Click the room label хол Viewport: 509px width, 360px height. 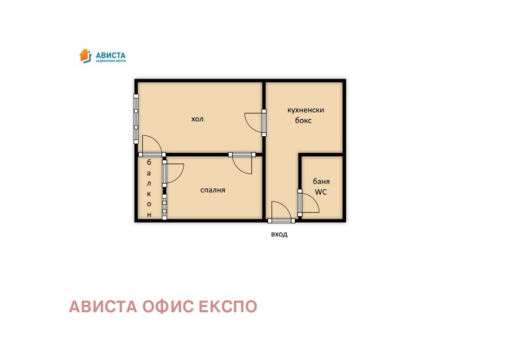197,119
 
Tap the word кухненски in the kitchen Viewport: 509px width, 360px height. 305,110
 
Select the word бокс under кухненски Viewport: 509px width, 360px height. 303,121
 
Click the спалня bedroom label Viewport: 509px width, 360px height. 213,190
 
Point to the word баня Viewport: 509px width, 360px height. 321,181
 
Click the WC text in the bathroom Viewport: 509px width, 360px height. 321,192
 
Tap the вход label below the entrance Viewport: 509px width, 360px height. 279,234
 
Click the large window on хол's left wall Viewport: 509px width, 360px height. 136,119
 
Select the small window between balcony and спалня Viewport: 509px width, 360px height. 164,207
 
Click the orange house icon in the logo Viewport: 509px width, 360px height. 85,55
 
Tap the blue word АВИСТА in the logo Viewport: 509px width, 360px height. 110,55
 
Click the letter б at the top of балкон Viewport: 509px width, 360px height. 150,162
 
